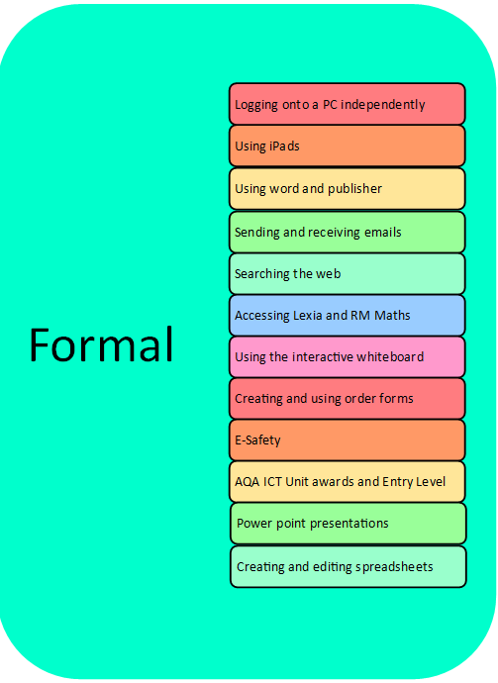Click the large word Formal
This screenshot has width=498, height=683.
point(101,344)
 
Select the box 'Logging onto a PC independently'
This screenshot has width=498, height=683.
point(348,104)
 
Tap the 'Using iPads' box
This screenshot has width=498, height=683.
point(348,146)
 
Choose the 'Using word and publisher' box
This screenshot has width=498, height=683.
point(348,189)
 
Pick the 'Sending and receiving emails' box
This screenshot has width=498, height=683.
point(348,232)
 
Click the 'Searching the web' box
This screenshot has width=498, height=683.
point(348,273)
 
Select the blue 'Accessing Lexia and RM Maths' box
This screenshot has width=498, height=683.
point(348,315)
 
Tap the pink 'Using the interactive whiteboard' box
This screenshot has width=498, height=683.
point(348,356)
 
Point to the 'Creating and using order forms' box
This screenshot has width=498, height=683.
point(348,399)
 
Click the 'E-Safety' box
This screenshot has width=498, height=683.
point(348,439)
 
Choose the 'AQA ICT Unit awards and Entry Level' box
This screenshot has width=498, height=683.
point(348,482)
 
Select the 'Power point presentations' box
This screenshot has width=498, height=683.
point(349,524)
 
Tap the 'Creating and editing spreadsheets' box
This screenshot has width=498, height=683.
point(349,567)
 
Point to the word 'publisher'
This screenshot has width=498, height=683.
point(354,189)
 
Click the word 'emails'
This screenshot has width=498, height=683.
point(382,232)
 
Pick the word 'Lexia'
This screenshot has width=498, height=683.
point(308,315)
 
